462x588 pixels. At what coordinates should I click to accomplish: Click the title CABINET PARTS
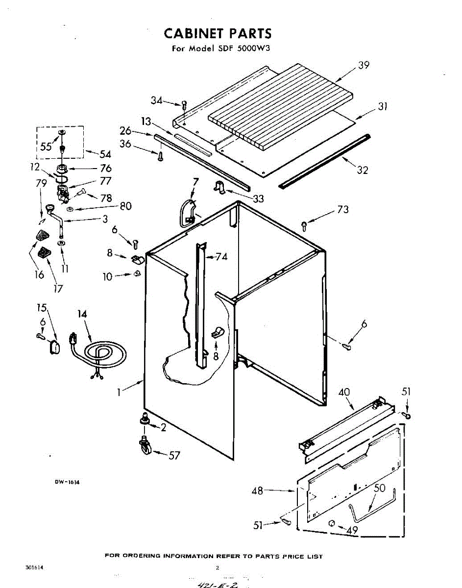pyautogui.click(x=217, y=33)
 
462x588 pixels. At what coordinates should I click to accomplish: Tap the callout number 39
pyautogui.click(x=363, y=65)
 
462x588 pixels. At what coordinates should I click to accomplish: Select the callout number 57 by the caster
pyautogui.click(x=174, y=456)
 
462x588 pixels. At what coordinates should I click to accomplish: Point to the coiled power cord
pyautogui.click(x=103, y=354)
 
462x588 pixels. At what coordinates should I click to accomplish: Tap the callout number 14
pyautogui.click(x=82, y=314)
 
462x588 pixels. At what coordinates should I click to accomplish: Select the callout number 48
pyautogui.click(x=258, y=490)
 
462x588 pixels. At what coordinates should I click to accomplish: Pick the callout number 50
pyautogui.click(x=380, y=488)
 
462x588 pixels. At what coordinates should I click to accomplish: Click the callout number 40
pyautogui.click(x=344, y=392)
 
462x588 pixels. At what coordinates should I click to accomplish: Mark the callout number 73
pyautogui.click(x=343, y=210)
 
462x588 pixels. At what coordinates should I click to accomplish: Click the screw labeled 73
pyautogui.click(x=304, y=225)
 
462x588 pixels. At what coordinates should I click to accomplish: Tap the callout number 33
pyautogui.click(x=258, y=198)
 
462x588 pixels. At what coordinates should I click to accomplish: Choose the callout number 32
pyautogui.click(x=362, y=171)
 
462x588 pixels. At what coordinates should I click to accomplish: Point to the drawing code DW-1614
pyautogui.click(x=67, y=482)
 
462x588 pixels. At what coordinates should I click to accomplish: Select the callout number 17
pyautogui.click(x=58, y=288)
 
